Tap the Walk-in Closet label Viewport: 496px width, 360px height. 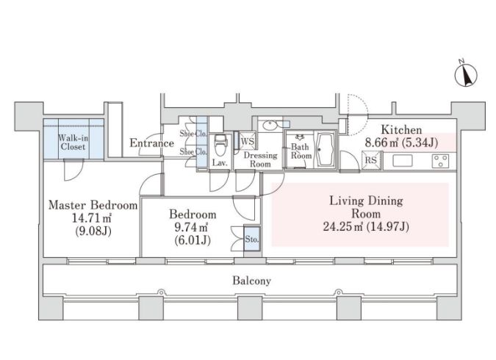pos(73,143)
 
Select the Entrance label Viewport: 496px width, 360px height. pos(152,143)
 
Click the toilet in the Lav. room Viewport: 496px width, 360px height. pos(220,145)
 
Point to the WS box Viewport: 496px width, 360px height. pos(247,141)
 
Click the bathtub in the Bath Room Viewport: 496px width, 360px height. pos(326,150)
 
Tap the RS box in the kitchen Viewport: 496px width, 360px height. pos(371,160)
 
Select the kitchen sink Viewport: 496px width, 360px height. pos(403,161)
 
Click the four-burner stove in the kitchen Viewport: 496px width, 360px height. pos(440,161)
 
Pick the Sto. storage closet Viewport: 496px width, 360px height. pos(252,239)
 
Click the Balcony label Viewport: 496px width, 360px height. pos(252,281)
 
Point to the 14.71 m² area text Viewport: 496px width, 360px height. pos(91,218)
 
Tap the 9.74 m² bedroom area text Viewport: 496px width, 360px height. pos(191,227)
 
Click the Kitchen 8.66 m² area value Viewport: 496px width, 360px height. pos(381,143)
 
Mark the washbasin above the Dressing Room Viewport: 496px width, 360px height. pos(270,126)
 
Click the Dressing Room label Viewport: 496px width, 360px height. pos(260,159)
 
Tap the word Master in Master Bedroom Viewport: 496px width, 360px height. pos(67,205)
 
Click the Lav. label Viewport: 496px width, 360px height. pos(220,163)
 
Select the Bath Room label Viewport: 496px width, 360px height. pos(301,151)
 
